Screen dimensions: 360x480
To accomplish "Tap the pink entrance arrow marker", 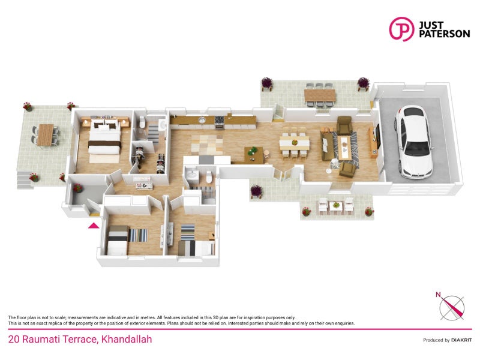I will tap(94, 225).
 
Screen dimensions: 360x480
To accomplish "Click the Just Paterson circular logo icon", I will tap(401, 28).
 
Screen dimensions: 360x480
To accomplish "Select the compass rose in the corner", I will tap(451, 306).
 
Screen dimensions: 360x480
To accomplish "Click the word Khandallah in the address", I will tap(127, 340).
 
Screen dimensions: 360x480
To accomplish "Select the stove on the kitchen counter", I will tap(220, 122).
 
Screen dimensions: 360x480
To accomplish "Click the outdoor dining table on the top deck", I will tap(319, 95).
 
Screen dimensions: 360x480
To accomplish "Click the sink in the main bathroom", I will tap(190, 175).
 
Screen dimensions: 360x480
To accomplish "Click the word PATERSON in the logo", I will tap(445, 34).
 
